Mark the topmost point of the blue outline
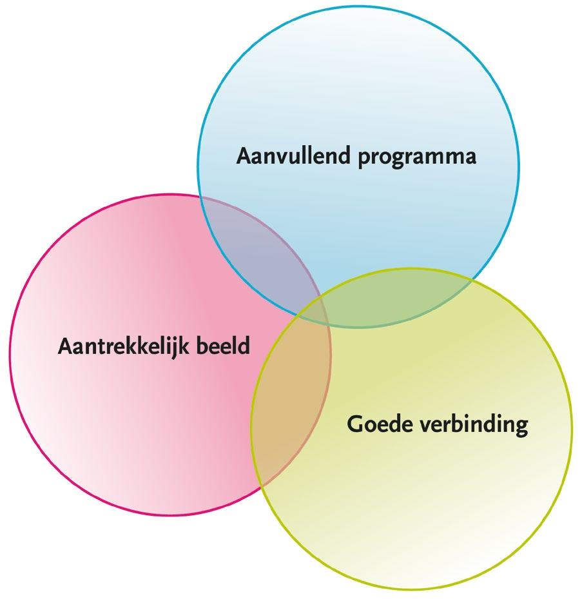[358, 6]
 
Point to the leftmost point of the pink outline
[10, 355]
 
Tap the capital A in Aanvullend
[243, 157]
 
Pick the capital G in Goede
[354, 424]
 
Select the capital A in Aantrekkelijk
[64, 346]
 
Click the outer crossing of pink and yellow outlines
[260, 486]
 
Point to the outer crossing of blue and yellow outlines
[472, 278]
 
